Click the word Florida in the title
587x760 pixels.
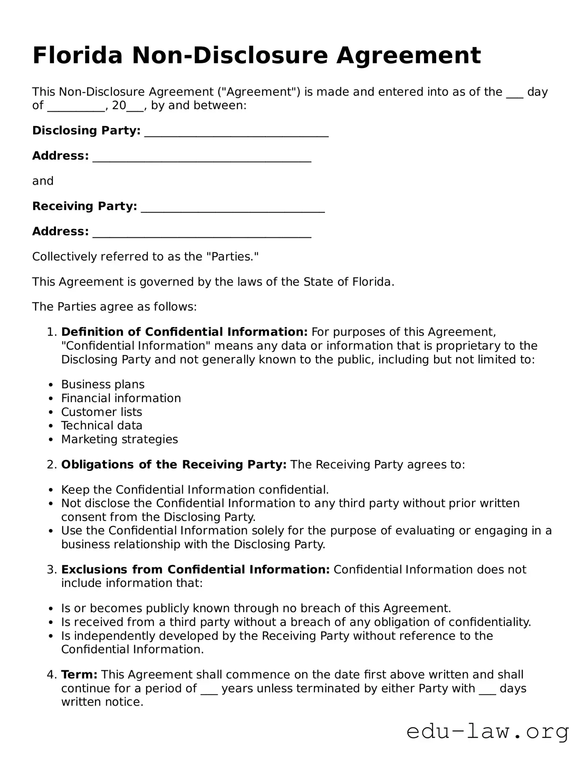(78, 55)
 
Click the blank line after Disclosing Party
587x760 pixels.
(236, 132)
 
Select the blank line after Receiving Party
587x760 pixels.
(233, 207)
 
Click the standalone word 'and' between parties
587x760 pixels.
(43, 181)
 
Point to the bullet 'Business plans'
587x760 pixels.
(103, 384)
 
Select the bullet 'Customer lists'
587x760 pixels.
(102, 412)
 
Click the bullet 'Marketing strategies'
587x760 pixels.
(119, 439)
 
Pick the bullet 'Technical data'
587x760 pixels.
(102, 425)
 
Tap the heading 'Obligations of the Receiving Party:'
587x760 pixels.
(174, 464)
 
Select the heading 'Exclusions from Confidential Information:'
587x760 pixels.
(195, 569)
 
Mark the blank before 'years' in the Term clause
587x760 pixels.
(209, 689)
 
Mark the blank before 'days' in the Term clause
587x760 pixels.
(487, 689)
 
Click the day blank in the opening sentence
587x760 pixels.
(514, 93)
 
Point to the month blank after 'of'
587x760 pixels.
(75, 107)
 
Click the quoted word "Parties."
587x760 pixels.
(232, 256)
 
